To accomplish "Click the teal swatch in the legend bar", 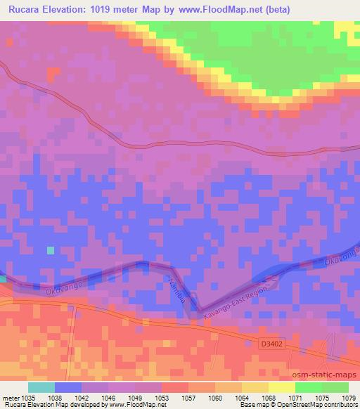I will (x=41, y=387).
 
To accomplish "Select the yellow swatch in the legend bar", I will (x=282, y=387).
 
